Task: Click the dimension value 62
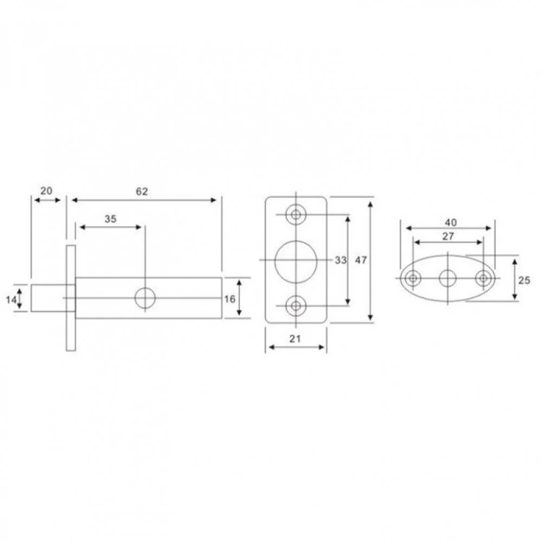[142, 192]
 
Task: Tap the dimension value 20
[46, 191]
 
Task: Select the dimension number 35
[110, 219]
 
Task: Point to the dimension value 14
[11, 299]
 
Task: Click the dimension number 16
[230, 299]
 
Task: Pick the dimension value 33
[341, 260]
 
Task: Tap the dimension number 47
[361, 260]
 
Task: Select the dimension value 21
[295, 339]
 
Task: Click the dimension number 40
[451, 223]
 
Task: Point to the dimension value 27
[448, 236]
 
